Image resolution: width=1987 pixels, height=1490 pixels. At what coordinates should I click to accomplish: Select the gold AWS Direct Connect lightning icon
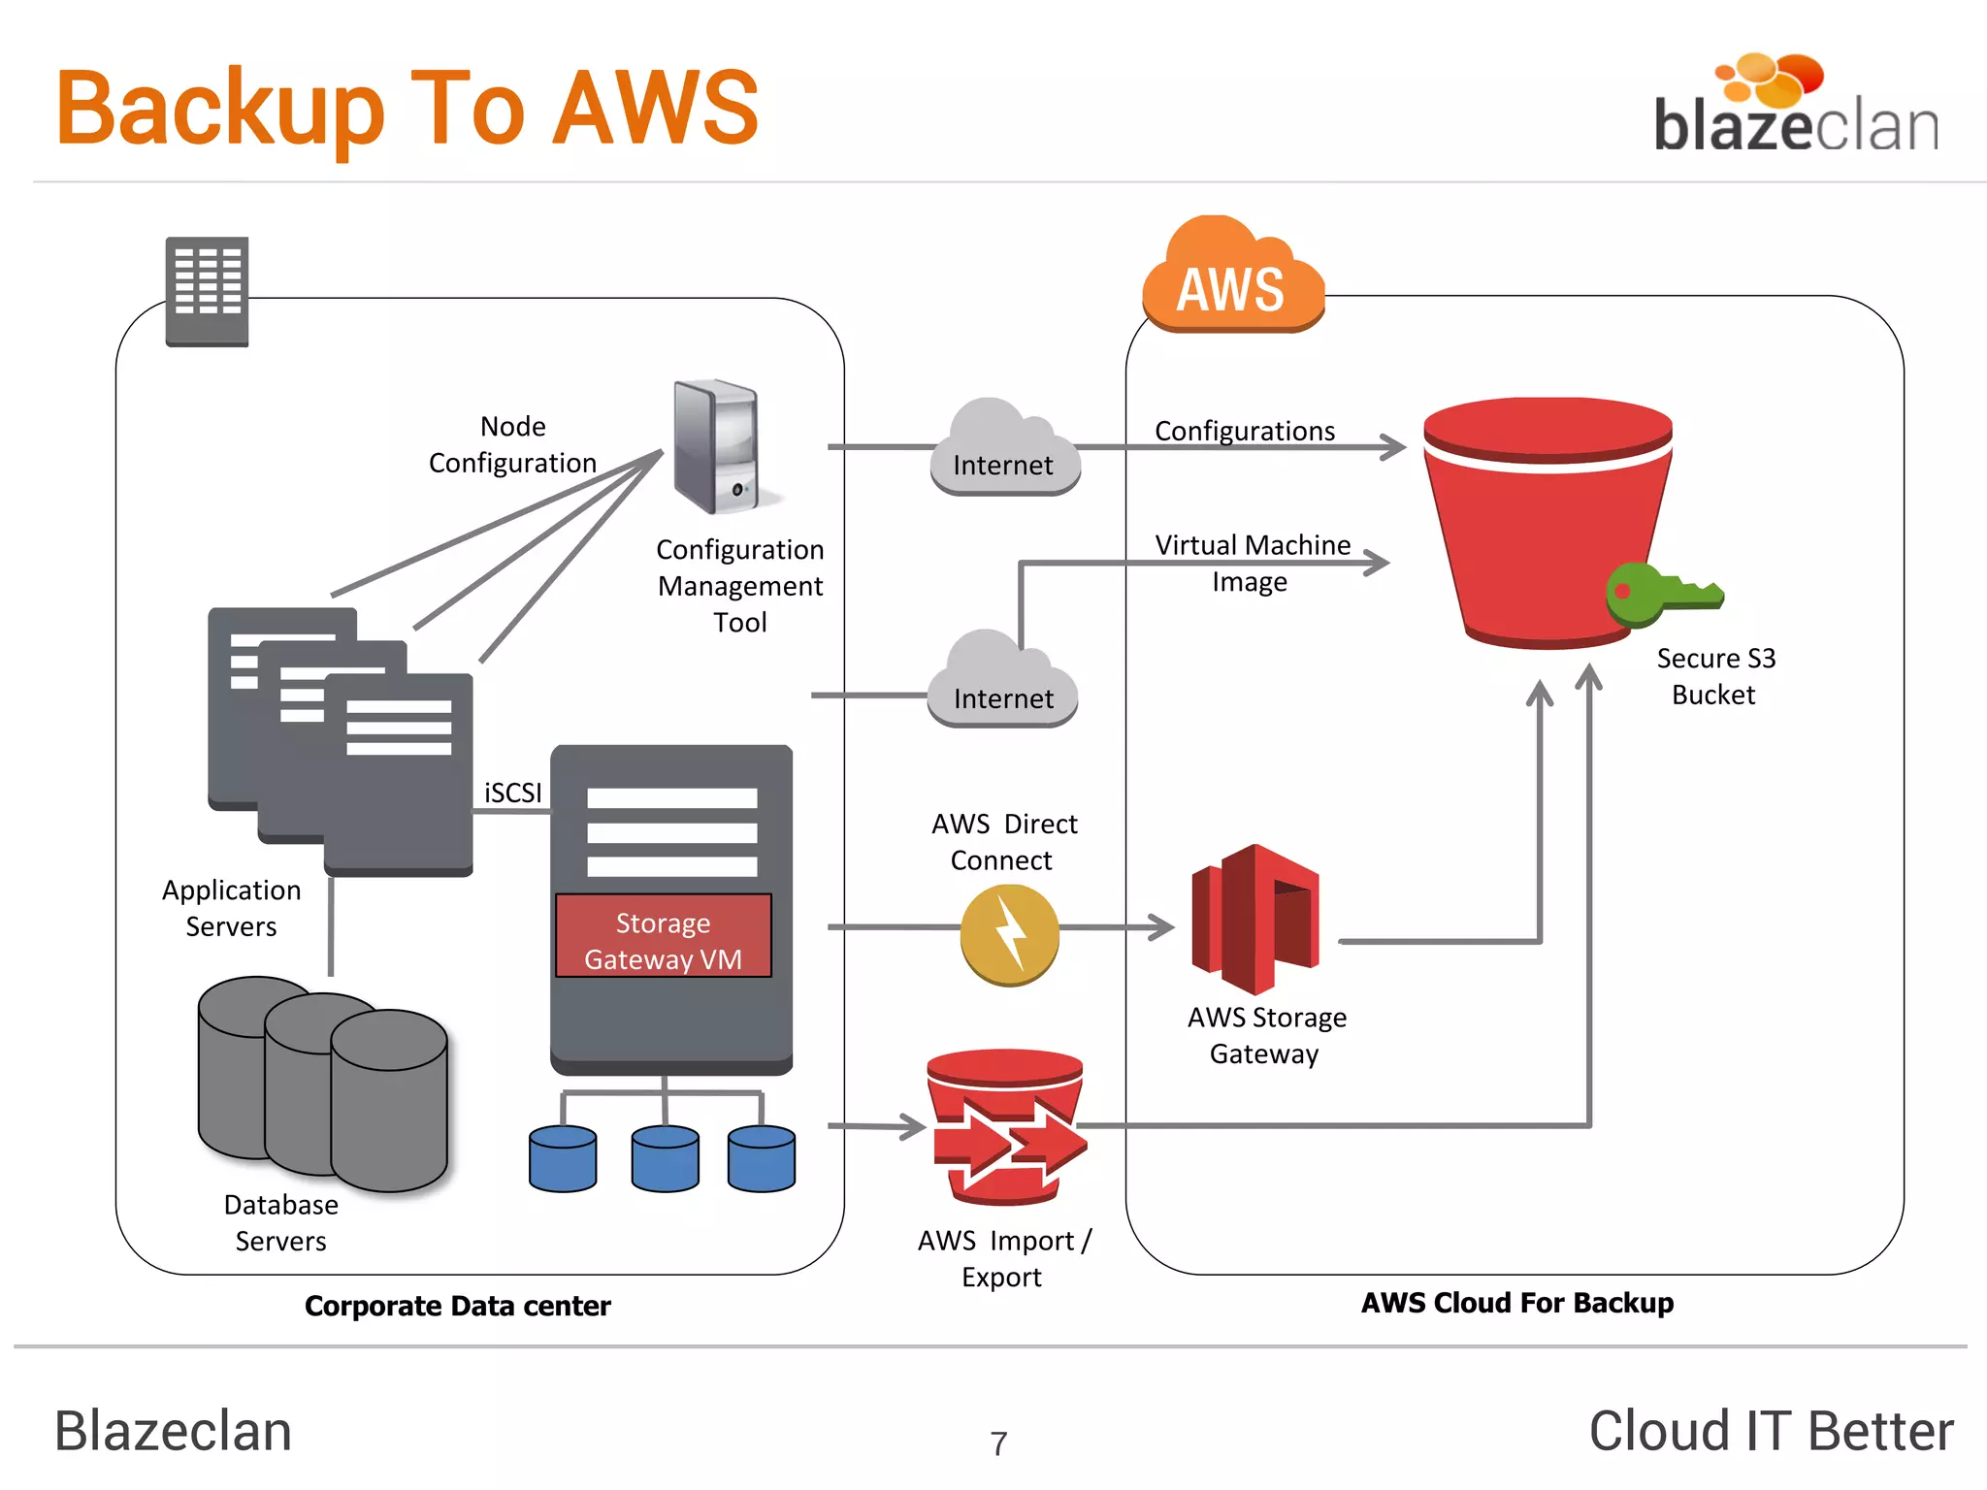click(x=1009, y=933)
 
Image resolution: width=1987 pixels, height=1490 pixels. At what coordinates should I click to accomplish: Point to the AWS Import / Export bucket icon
click(x=1006, y=1127)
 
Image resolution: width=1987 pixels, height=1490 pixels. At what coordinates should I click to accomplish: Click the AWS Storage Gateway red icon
click(x=1255, y=920)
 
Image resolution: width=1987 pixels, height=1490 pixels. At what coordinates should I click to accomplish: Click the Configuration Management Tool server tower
click(x=717, y=446)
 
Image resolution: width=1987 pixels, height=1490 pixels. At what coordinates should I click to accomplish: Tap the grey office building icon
click(x=207, y=291)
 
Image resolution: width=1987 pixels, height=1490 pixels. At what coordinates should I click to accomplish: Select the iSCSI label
click(x=512, y=793)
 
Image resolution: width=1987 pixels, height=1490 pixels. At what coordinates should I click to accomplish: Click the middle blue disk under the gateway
click(x=665, y=1158)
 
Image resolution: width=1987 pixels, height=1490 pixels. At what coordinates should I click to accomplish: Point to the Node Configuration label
click(x=512, y=444)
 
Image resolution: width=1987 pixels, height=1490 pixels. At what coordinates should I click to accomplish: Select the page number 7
click(x=998, y=1443)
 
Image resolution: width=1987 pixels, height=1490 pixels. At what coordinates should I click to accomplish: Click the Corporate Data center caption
click(x=457, y=1306)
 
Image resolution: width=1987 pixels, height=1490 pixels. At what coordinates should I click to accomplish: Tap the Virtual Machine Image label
click(x=1252, y=563)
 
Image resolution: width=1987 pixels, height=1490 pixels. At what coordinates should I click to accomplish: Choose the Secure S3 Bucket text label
click(x=1714, y=676)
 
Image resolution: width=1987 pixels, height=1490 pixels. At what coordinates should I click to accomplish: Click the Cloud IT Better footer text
click(x=1771, y=1431)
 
